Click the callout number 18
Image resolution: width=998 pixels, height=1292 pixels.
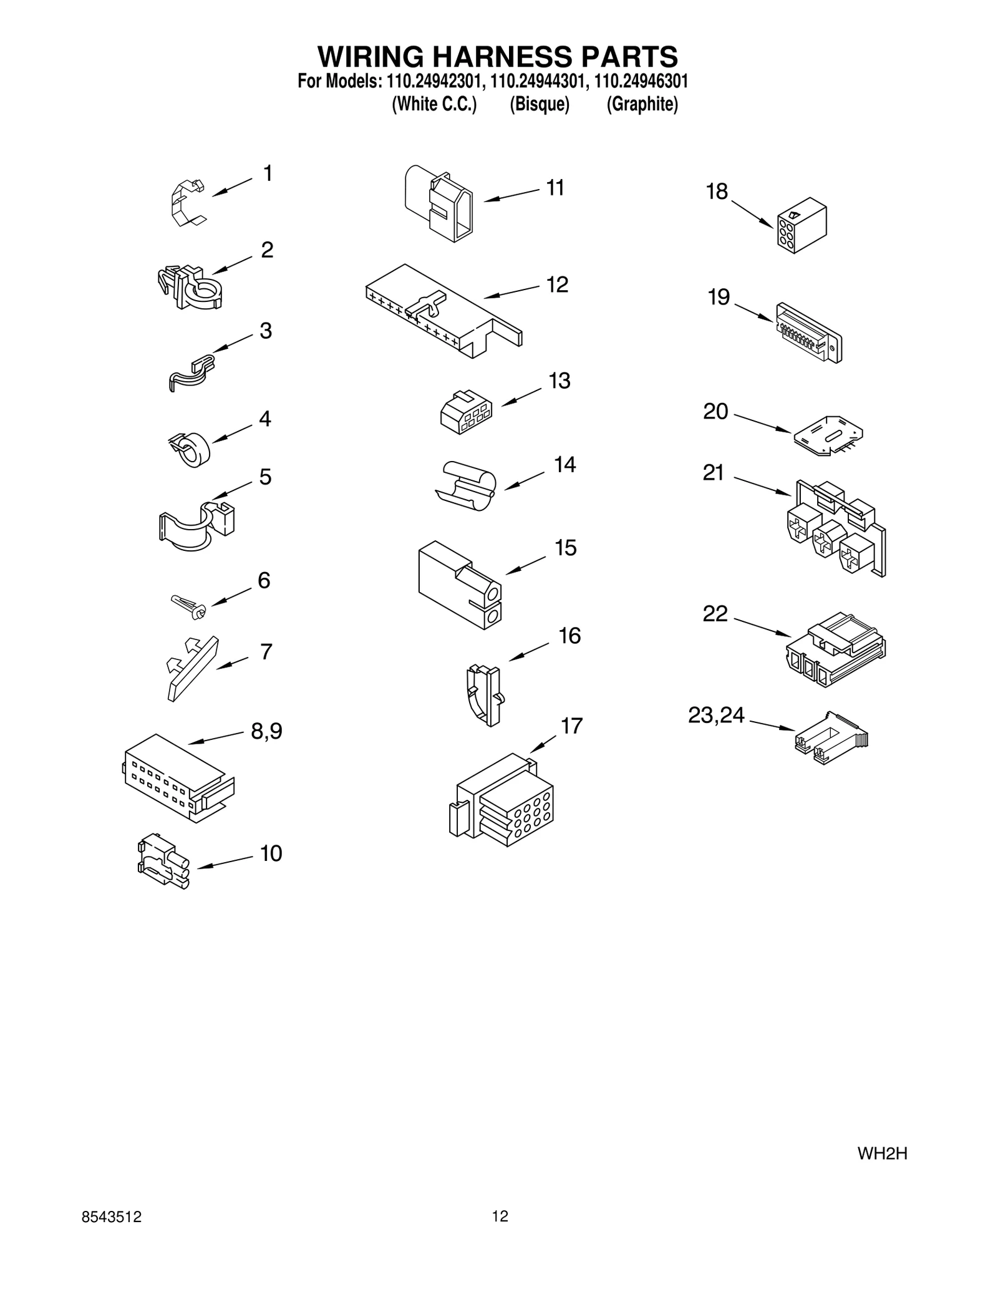point(717,192)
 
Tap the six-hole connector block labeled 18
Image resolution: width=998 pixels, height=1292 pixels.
point(802,225)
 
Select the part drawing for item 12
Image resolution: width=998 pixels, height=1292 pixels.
point(443,310)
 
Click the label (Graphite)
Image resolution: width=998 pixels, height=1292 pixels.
point(642,104)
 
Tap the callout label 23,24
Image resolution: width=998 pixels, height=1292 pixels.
point(716,715)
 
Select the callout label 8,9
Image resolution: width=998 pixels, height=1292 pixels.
point(266,731)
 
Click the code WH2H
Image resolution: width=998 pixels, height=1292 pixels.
point(882,1154)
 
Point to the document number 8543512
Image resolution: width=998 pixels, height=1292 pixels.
point(112,1217)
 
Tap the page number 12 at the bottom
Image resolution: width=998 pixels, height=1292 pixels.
point(500,1216)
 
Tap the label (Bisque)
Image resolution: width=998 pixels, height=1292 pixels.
point(540,104)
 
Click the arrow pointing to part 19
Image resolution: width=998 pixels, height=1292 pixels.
point(754,312)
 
